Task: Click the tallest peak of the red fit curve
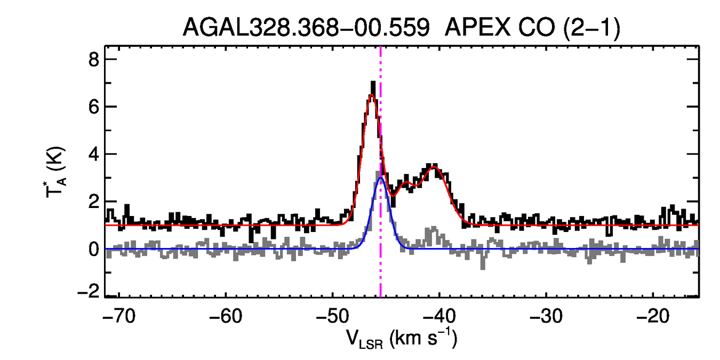pos(371,95)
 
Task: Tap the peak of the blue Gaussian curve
pos(380,178)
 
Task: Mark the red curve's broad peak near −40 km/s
pos(434,167)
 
